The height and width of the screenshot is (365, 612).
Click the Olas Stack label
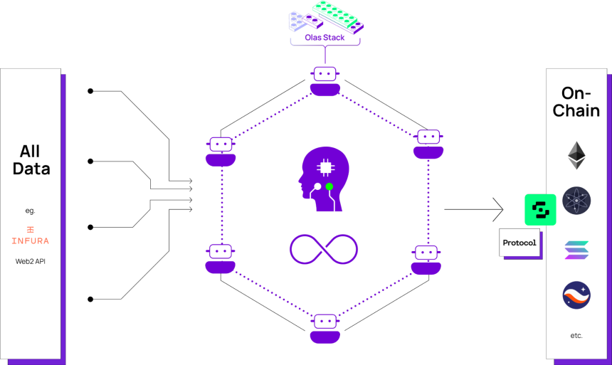pos(325,38)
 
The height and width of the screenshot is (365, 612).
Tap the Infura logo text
pos(31,241)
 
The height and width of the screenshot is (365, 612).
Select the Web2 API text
pos(31,261)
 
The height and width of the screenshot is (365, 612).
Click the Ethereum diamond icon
pos(576,155)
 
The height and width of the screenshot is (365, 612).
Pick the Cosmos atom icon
pos(576,201)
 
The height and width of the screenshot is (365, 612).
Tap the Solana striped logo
pos(576,250)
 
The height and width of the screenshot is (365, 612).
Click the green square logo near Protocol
pos(540,210)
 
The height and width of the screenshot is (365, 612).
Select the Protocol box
pos(519,243)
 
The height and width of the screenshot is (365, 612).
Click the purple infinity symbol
pos(324,249)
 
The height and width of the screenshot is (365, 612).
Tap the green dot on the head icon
pos(329,186)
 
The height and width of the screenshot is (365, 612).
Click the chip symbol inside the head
pos(325,168)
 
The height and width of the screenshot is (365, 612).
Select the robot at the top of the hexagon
pos(325,81)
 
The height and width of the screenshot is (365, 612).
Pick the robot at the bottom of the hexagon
pos(325,329)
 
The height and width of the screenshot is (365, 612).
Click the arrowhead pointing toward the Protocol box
pos(498,210)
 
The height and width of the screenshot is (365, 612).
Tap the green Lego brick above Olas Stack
pos(338,16)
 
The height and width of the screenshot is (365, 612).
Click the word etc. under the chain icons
pos(576,335)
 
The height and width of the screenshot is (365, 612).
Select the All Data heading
pos(31,160)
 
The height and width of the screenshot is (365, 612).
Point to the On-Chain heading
pos(576,102)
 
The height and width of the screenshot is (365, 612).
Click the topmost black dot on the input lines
pos(90,91)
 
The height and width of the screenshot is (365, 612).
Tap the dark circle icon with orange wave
pos(576,295)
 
